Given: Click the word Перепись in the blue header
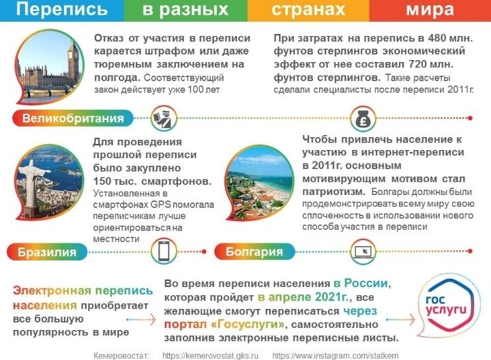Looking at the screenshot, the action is pyautogui.click(x=61, y=9).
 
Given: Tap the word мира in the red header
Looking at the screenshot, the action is pyautogui.click(x=430, y=9).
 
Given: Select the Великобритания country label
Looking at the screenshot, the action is pyautogui.click(x=73, y=119).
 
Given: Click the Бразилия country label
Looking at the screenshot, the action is pyautogui.click(x=47, y=252).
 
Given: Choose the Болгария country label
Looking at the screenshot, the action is pyautogui.click(x=254, y=252).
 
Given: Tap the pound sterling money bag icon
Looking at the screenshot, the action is pyautogui.click(x=363, y=119).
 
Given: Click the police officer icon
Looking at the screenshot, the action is pyautogui.click(x=164, y=119).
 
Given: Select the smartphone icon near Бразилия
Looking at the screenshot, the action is pyautogui.click(x=164, y=252).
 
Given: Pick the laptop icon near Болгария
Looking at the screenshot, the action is pyautogui.click(x=363, y=252).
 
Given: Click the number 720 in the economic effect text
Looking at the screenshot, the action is pyautogui.click(x=418, y=64).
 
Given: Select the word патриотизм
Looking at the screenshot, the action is pyautogui.click(x=333, y=192).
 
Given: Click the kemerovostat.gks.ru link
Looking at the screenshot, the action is pyautogui.click(x=211, y=356).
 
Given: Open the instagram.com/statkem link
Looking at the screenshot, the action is pyautogui.click(x=336, y=356).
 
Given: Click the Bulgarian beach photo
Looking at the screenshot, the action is pyautogui.click(x=259, y=183).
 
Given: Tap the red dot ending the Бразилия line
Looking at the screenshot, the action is pyautogui.click(x=204, y=252).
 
